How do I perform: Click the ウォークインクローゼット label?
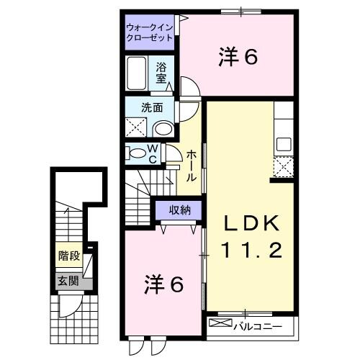pos(150,32)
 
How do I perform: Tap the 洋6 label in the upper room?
pos(237,58)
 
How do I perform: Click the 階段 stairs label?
pos(68,256)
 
